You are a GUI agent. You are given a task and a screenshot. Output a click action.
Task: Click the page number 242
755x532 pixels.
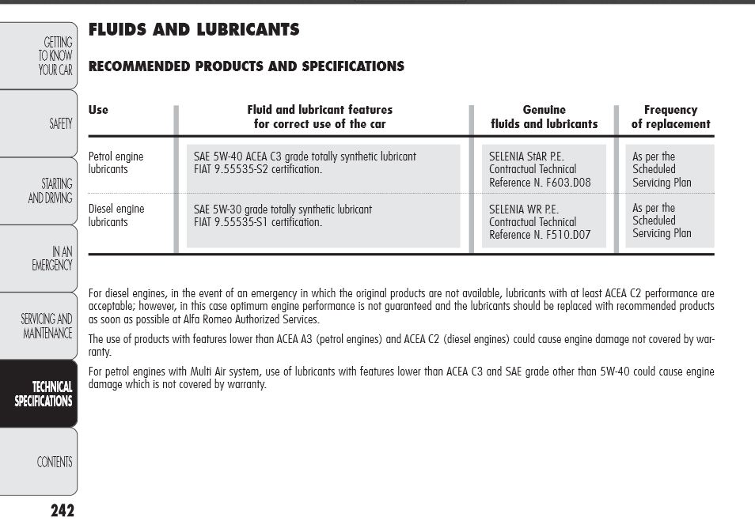click(x=62, y=511)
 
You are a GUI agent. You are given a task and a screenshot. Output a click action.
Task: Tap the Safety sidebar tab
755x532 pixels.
click(x=60, y=123)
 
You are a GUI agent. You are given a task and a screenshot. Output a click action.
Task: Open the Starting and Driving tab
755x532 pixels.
click(x=50, y=191)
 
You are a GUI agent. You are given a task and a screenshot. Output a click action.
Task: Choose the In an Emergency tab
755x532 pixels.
click(x=52, y=258)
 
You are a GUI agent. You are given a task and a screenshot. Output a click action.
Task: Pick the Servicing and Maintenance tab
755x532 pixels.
click(x=47, y=326)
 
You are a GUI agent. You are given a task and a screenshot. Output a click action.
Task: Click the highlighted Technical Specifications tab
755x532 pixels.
click(x=44, y=394)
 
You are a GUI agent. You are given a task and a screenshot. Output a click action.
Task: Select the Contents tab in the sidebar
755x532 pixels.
click(x=55, y=462)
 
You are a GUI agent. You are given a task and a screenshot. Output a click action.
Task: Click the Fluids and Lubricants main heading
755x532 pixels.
click(x=194, y=30)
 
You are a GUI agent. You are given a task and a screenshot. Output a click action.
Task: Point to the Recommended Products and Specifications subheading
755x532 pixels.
click(x=246, y=66)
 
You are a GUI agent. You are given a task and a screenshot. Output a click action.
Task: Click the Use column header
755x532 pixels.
click(x=98, y=110)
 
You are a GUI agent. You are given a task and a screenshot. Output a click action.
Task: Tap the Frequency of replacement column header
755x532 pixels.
click(x=670, y=117)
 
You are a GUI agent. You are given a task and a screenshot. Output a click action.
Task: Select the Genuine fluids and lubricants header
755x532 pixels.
click(x=544, y=117)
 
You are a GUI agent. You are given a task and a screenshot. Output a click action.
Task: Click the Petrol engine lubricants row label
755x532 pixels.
click(x=116, y=163)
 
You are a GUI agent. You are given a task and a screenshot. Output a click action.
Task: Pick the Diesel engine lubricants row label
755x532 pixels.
click(x=116, y=215)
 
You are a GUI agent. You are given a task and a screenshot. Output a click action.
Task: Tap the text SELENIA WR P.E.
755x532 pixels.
click(x=524, y=209)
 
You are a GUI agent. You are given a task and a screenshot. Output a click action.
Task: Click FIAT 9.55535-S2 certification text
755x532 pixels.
click(x=258, y=169)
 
